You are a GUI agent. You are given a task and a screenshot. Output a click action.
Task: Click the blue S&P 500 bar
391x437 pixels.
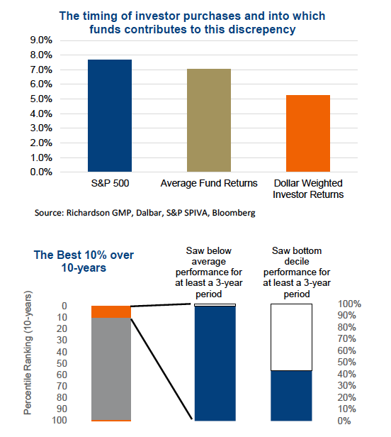tap(110, 116)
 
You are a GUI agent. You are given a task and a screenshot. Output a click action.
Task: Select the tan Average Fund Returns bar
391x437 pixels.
tap(209, 120)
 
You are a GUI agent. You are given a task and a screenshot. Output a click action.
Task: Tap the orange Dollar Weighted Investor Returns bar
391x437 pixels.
tap(308, 133)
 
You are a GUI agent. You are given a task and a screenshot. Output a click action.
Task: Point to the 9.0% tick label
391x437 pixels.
tap(41, 40)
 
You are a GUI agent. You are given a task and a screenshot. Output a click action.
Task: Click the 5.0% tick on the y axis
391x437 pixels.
tap(41, 99)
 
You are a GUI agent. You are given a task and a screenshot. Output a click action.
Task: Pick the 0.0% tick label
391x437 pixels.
tap(41, 172)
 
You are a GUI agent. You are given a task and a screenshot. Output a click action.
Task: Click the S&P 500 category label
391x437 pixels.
tap(110, 183)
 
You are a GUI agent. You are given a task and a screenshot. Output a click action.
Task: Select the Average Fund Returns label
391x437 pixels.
tap(209, 183)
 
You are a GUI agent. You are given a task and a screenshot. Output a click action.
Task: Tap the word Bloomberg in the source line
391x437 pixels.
tap(234, 213)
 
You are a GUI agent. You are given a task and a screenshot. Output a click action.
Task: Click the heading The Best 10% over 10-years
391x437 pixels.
tap(84, 261)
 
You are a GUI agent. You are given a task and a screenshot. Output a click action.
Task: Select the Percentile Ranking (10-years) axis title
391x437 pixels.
tap(28, 353)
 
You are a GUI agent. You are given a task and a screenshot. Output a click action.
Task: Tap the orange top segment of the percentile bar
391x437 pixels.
tap(111, 312)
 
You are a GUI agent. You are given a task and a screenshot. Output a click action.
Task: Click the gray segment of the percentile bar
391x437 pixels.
tap(111, 369)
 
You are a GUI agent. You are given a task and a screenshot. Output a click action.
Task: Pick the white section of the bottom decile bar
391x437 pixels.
tap(291, 337)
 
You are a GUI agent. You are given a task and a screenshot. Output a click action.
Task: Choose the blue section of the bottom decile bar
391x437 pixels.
tap(291, 396)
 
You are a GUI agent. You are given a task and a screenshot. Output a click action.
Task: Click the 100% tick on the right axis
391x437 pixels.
tap(349, 304)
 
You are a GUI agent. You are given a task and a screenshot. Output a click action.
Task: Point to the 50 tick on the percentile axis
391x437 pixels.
tap(62, 363)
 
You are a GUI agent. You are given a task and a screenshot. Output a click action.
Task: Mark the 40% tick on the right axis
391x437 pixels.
tap(347, 374)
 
